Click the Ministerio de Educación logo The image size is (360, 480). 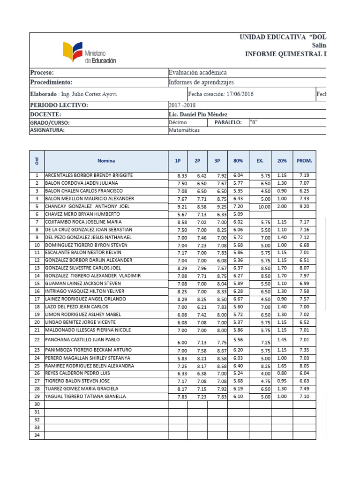[89, 52]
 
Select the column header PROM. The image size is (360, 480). [304, 160]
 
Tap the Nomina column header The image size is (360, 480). [106, 160]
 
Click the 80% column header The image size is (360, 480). [238, 160]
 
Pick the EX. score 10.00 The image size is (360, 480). [264, 207]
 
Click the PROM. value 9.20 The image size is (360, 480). [304, 207]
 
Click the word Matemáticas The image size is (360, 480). [184, 130]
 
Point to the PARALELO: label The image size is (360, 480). [228, 122]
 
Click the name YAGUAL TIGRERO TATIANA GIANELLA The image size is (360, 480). [85, 397]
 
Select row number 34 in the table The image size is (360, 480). [37, 435]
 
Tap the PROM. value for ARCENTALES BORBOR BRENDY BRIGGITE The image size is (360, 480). [304, 176]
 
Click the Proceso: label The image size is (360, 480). [42, 73]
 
